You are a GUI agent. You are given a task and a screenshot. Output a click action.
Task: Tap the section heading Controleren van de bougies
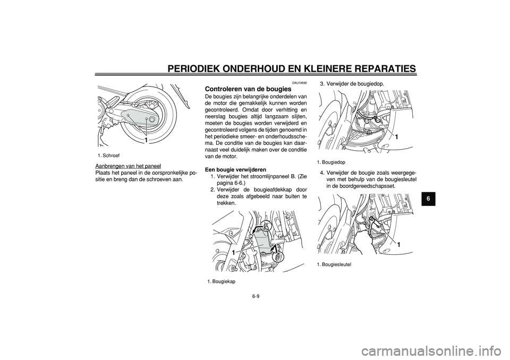pyautogui.click(x=248, y=89)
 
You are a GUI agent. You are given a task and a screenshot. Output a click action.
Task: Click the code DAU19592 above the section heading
pyautogui.click(x=300, y=83)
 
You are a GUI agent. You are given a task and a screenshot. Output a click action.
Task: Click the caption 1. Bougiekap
pyautogui.click(x=222, y=281)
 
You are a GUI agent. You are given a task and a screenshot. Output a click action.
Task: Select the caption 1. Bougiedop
pyautogui.click(x=331, y=161)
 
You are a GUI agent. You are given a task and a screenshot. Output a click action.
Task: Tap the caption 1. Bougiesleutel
pyautogui.click(x=334, y=264)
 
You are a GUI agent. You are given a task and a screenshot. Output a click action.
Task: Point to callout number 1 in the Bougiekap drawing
pyautogui.click(x=234, y=252)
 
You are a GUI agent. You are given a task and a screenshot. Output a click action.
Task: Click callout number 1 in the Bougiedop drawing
pyautogui.click(x=396, y=138)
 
